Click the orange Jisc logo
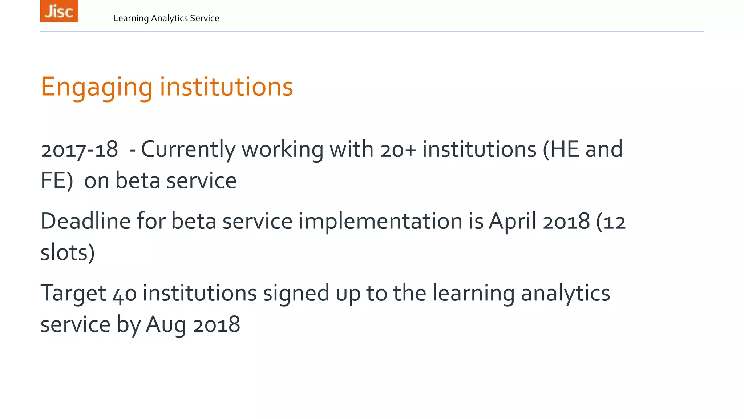[x=59, y=11]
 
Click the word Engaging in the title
[x=97, y=88]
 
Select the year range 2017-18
[x=79, y=149]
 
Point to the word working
[x=282, y=149]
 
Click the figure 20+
[x=398, y=149]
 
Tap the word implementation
[x=380, y=222]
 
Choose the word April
[x=512, y=222]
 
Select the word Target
[x=73, y=293]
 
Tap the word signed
[x=296, y=293]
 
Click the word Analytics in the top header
[x=170, y=19]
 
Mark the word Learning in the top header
[x=131, y=19]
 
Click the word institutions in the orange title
[x=226, y=87]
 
